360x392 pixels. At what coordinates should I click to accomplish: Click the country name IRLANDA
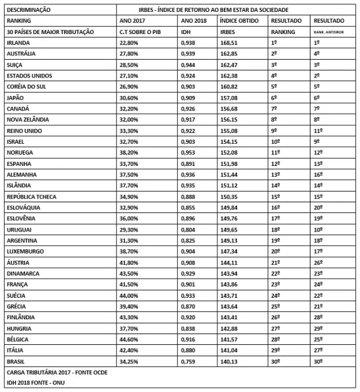[19, 43]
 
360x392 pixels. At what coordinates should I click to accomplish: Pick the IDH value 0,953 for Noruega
[188, 152]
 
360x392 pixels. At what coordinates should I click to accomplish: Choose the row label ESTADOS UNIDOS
[29, 76]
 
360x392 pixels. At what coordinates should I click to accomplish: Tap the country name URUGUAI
[20, 229]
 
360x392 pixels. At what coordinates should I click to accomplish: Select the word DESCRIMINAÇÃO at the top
[27, 10]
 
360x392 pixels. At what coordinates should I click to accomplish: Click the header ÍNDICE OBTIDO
[237, 21]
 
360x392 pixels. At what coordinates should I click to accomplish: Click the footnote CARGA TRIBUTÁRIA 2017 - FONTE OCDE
[59, 372]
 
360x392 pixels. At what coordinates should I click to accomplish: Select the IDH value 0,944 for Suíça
[188, 65]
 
